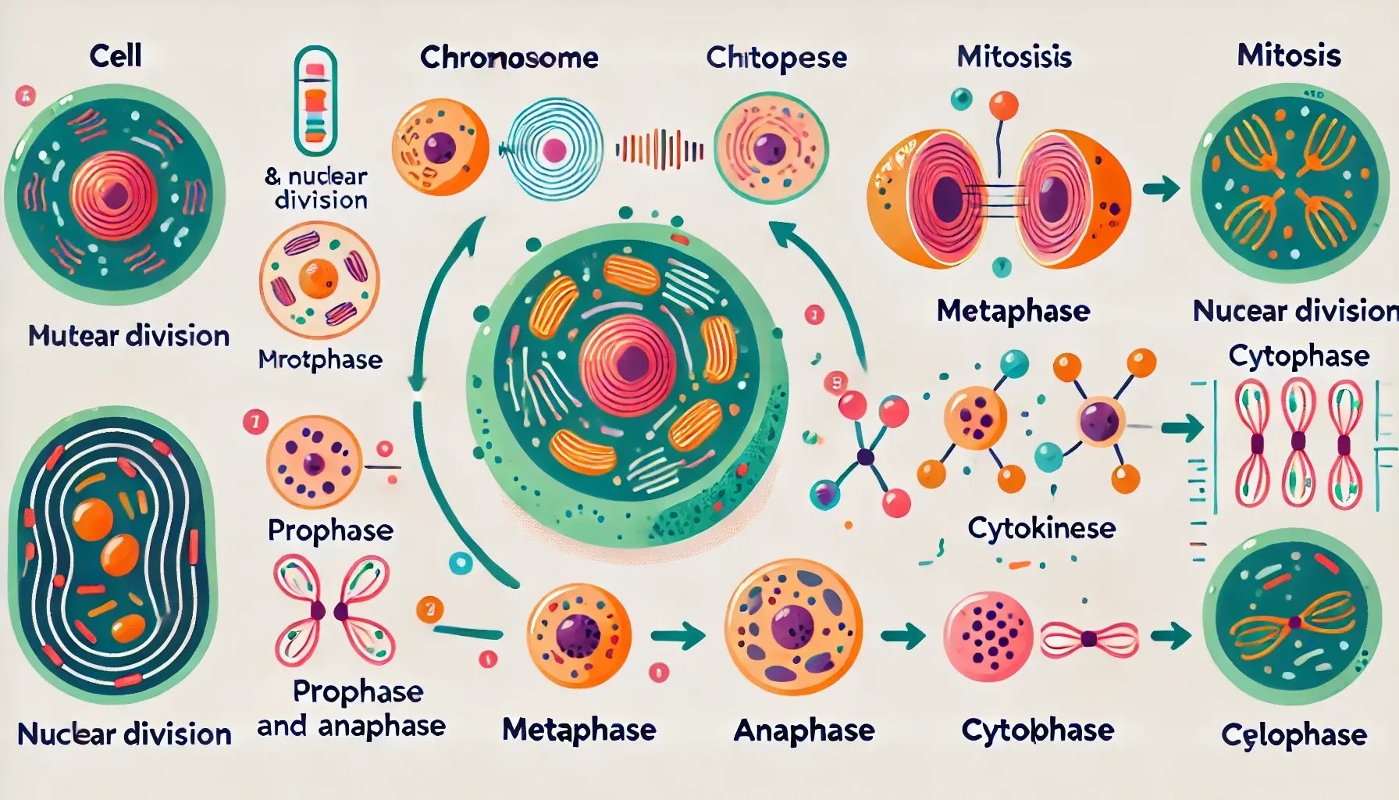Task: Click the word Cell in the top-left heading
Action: tap(116, 55)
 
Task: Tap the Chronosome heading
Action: tap(509, 58)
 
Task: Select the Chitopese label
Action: tap(776, 58)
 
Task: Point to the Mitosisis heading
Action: tap(1014, 56)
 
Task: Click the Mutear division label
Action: tap(129, 336)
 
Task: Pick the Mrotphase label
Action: tap(320, 359)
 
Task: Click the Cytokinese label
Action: tap(1041, 528)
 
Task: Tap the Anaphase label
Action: tap(804, 730)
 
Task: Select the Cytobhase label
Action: tap(1038, 730)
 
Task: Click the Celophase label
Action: tap(1294, 735)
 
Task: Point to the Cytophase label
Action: tap(1298, 356)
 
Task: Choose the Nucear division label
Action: tap(1295, 311)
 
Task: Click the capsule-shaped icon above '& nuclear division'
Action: tap(315, 101)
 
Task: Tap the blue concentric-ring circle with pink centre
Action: tap(554, 149)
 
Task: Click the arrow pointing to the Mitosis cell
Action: tap(1160, 188)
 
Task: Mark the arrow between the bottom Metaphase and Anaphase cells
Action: tap(676, 635)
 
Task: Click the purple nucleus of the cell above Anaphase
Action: tap(792, 626)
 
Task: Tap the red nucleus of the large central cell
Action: tap(628, 362)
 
